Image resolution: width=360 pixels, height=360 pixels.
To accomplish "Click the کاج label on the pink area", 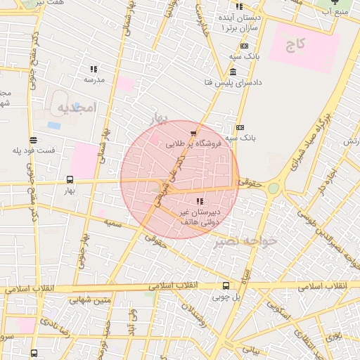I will (x=295, y=44).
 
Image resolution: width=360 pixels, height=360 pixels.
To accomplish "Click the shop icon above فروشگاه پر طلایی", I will (x=193, y=132).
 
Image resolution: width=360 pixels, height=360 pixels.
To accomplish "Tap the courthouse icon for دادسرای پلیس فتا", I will (x=233, y=72).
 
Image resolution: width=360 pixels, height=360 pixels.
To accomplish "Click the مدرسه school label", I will (x=94, y=79).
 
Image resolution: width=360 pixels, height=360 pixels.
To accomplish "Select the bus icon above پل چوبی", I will (x=226, y=285).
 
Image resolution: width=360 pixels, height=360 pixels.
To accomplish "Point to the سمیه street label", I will (x=112, y=222).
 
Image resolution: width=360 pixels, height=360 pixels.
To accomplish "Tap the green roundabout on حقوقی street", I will (x=273, y=188).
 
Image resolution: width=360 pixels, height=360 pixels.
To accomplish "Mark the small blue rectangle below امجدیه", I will (x=54, y=125).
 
